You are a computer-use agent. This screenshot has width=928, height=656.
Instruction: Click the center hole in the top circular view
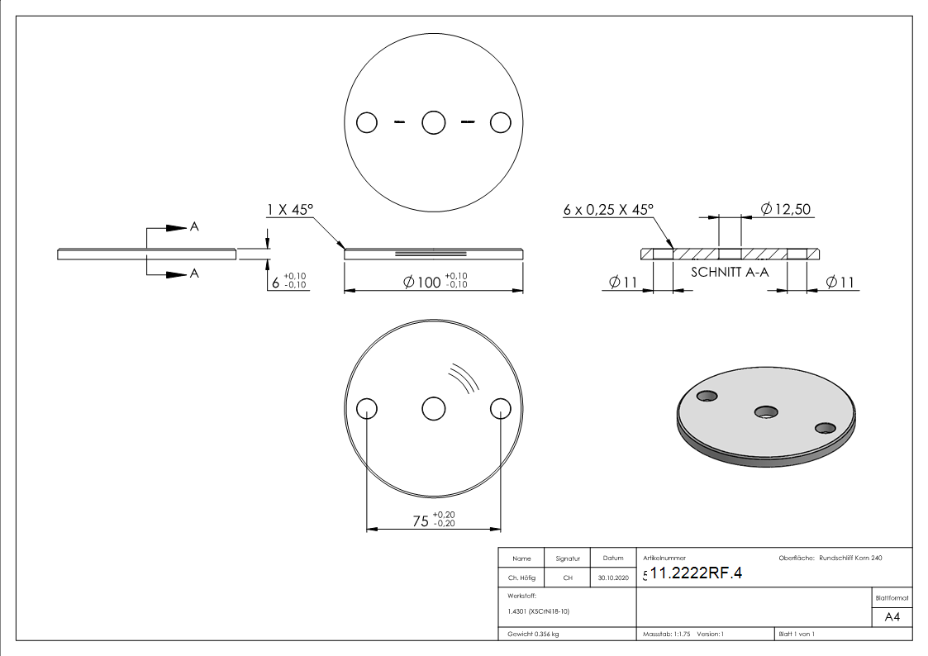coord(434,123)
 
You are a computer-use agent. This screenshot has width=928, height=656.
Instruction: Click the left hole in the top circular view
coord(367,123)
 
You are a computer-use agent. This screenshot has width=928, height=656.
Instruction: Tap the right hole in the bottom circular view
coord(500,409)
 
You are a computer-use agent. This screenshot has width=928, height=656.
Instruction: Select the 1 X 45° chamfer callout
coord(289,211)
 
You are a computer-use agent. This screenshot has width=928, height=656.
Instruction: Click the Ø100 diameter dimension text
coord(422,282)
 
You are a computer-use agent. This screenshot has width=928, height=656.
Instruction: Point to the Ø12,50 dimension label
coord(785,210)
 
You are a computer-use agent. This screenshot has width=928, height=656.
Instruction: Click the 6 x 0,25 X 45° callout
coord(608,210)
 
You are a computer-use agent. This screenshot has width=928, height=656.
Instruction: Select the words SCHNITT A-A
coord(730,271)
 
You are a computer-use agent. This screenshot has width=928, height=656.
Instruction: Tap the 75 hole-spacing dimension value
coord(421,521)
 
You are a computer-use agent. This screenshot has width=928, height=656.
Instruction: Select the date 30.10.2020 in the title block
coord(613,578)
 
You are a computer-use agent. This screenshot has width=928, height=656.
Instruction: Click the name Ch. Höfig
coord(521,578)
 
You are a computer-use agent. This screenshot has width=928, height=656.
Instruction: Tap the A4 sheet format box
coord(892,617)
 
